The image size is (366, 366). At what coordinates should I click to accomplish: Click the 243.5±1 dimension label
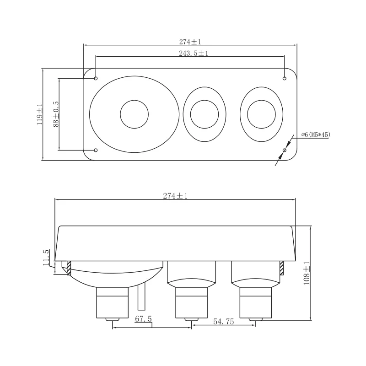(x=194, y=53)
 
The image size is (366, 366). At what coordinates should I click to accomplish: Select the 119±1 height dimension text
(x=40, y=114)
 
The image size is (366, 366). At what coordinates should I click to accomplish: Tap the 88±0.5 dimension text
(x=56, y=114)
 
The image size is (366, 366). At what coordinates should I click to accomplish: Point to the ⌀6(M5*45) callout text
(x=316, y=135)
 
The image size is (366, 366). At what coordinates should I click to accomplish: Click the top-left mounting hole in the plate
(x=96, y=78)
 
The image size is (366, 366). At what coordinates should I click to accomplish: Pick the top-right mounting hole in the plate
(x=284, y=78)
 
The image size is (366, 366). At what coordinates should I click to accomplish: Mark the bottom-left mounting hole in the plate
(x=96, y=150)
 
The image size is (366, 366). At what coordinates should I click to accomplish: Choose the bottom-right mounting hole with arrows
(x=284, y=150)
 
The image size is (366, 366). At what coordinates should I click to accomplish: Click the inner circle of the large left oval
(x=134, y=100)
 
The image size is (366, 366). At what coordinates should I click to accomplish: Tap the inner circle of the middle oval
(x=205, y=100)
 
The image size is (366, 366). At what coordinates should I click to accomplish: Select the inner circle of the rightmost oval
(x=261, y=100)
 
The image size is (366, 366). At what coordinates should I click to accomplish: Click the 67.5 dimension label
(x=143, y=319)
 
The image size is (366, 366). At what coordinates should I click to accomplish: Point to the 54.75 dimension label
(x=223, y=322)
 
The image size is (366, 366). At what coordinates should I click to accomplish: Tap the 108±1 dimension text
(x=307, y=273)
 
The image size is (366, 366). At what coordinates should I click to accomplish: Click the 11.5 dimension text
(x=46, y=258)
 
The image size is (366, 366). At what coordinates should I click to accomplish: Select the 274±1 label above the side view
(x=175, y=196)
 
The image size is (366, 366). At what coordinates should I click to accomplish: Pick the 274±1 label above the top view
(x=190, y=42)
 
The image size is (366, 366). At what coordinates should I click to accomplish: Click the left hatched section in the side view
(x=69, y=268)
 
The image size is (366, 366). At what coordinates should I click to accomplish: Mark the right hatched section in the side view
(x=281, y=268)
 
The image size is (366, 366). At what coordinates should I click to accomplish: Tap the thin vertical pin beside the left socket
(x=141, y=296)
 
